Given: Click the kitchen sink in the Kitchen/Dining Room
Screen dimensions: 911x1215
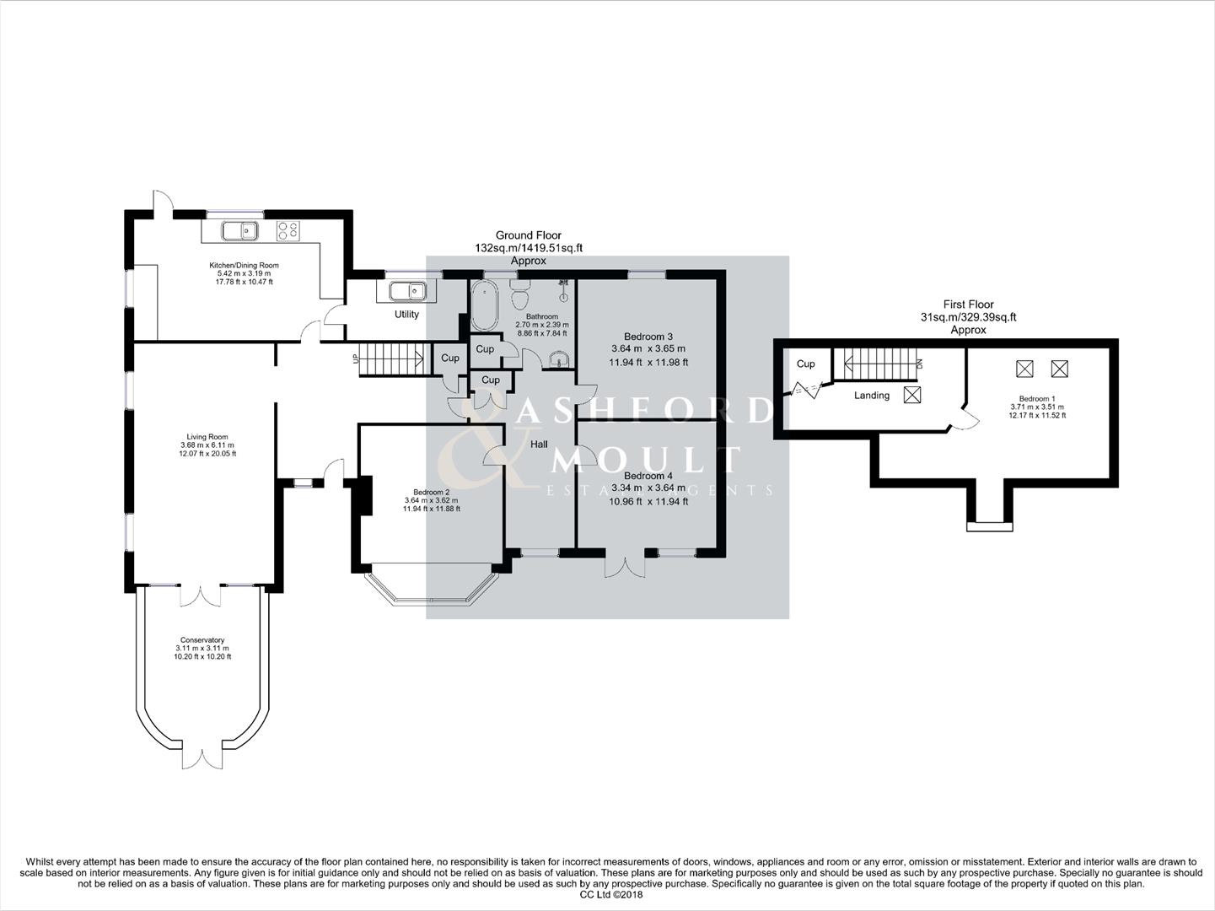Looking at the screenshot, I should pos(239,229).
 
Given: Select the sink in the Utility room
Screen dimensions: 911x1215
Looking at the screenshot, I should pos(406,291).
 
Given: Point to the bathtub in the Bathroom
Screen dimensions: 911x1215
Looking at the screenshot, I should pos(485,305).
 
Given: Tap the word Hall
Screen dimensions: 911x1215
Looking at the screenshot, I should pos(540,444).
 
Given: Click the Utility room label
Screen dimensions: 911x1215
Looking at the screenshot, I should pos(406,315).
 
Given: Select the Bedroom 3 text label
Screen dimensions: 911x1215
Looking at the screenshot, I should pos(648,337).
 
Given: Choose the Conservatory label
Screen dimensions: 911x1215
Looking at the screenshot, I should pos(202,640).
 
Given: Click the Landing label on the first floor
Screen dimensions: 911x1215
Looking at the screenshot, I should pos(871,395).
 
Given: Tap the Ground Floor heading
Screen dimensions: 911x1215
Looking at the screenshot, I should pos(528,235).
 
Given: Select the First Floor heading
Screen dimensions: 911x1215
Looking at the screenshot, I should pos(968,305).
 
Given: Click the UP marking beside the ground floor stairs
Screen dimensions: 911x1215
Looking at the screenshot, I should pos(354,358).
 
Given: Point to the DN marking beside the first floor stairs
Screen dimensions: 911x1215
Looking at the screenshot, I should pos(921,364).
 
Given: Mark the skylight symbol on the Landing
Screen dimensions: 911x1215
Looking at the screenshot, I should pos(912,395).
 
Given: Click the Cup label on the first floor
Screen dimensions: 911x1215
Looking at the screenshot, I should pos(805,364).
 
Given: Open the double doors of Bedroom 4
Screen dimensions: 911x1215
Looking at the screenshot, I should pos(625,563).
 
